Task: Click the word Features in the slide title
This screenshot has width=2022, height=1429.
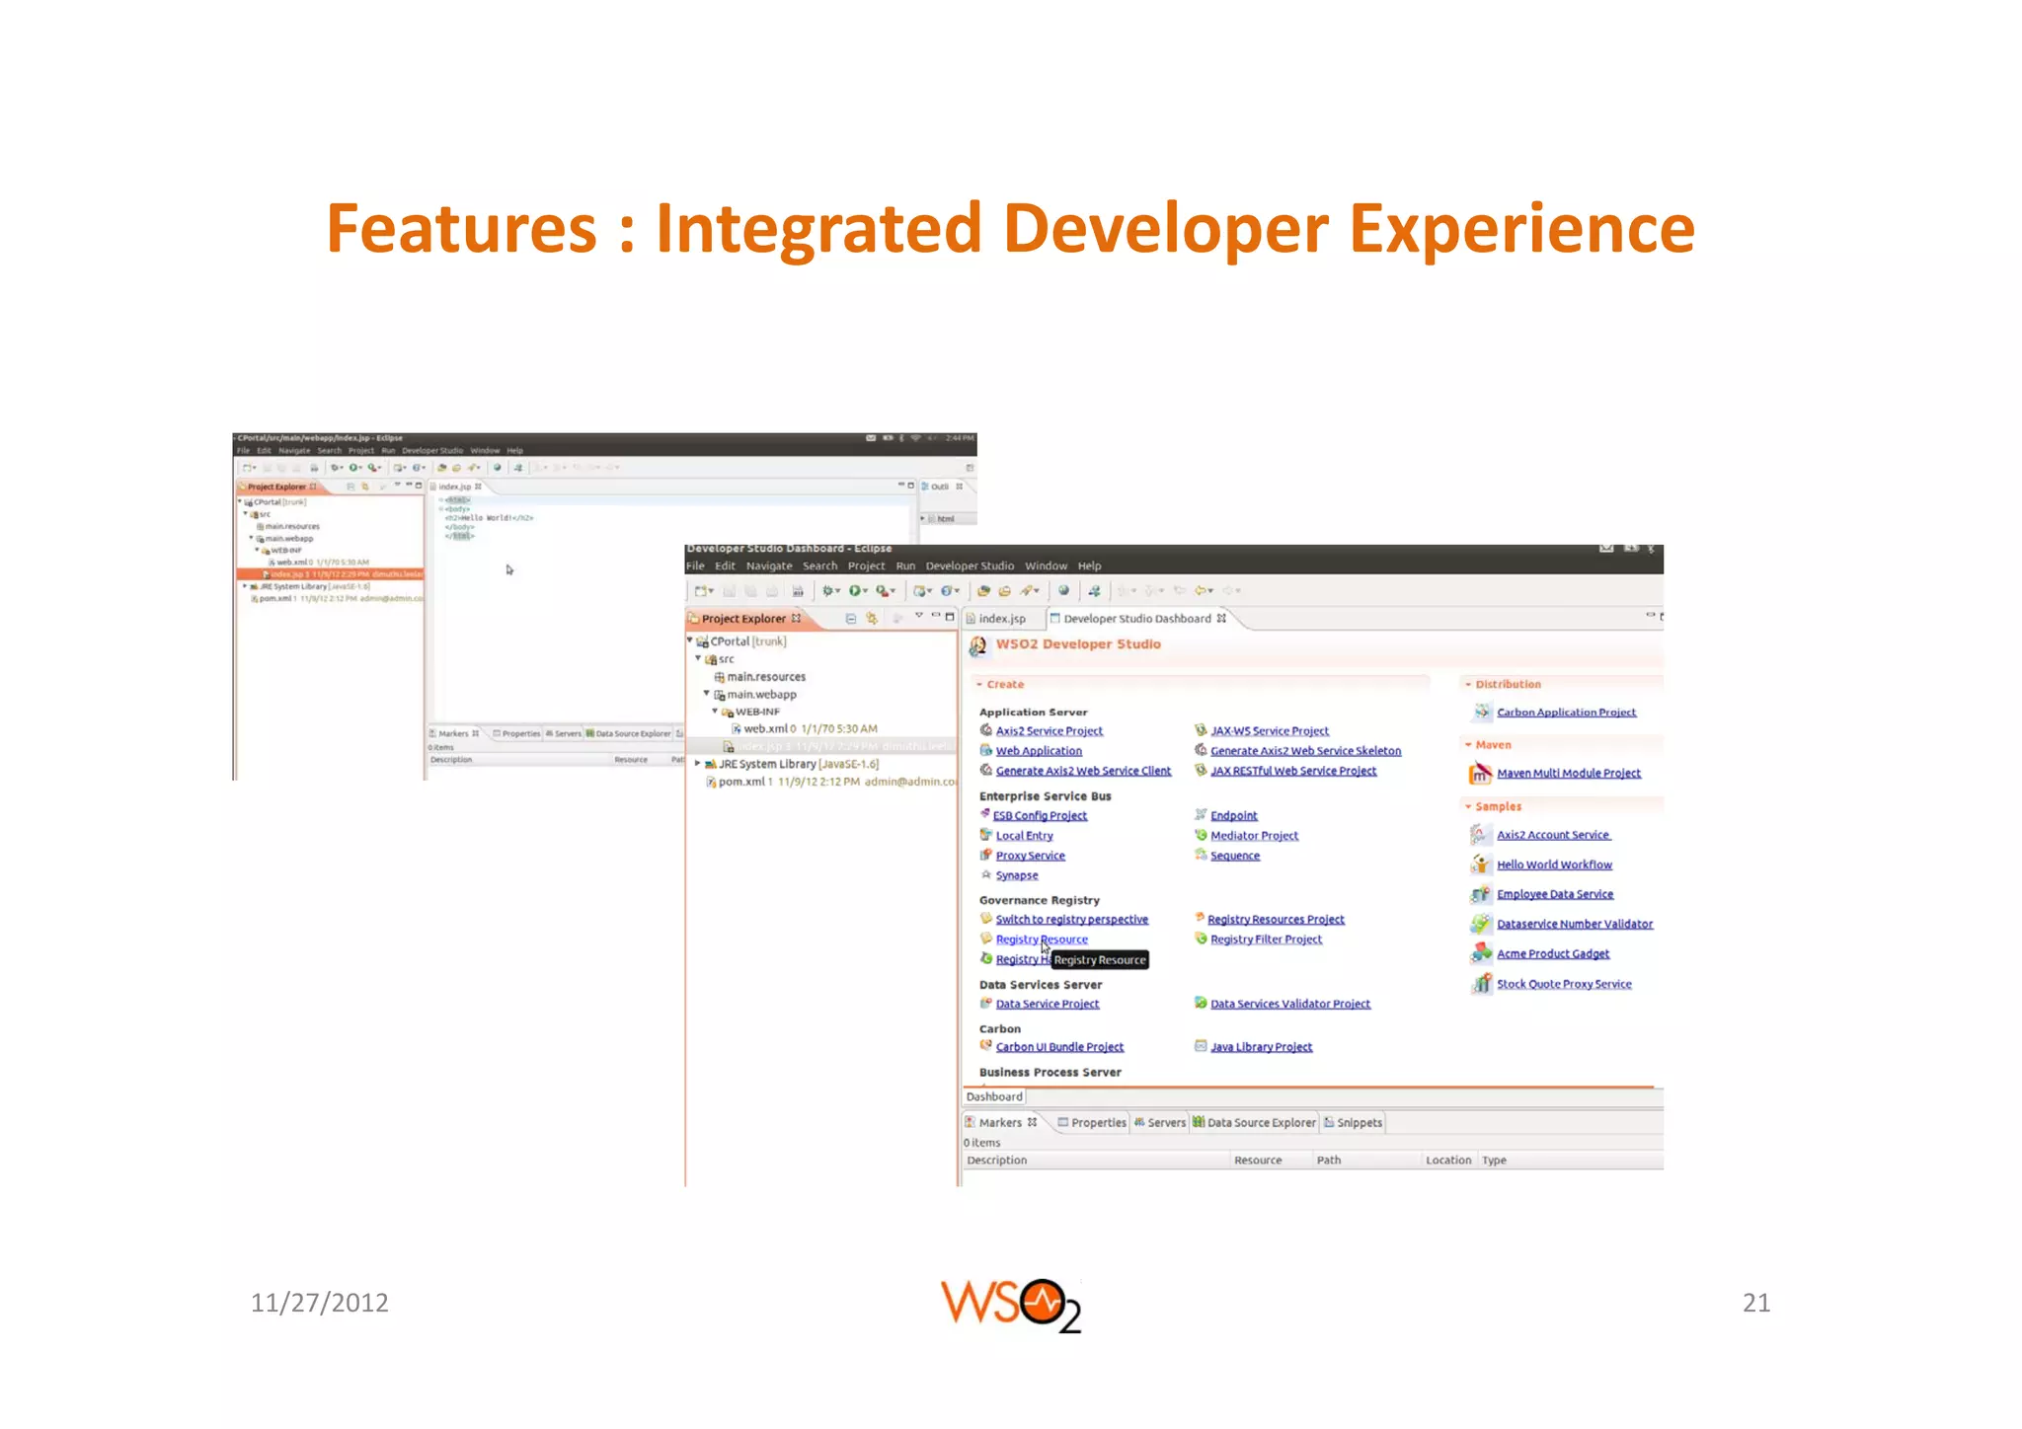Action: [x=461, y=229]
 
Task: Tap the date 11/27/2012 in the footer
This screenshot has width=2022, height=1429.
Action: [x=319, y=1303]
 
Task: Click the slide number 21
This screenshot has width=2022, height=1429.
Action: [x=1755, y=1303]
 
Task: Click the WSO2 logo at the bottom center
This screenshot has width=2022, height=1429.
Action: [x=1010, y=1305]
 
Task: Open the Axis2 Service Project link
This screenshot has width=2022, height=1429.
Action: [x=1049, y=731]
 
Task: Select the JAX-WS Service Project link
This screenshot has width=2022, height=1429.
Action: [x=1269, y=731]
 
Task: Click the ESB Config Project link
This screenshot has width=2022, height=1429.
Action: [x=1040, y=816]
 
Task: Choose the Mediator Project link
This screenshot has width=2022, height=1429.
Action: [x=1254, y=836]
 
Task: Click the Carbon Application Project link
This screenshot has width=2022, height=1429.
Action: [x=1566, y=713]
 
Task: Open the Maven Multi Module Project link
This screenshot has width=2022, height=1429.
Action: [x=1568, y=774]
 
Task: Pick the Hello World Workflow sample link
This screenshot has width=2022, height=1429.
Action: [x=1554, y=865]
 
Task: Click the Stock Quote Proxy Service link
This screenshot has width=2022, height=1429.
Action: [x=1564, y=984]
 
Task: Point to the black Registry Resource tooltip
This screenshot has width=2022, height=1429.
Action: [x=1100, y=960]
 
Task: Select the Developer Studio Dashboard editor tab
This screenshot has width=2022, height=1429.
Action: [x=1136, y=619]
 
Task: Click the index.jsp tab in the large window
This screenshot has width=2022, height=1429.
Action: [x=1001, y=619]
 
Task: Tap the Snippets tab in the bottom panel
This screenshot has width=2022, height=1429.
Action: [x=1359, y=1123]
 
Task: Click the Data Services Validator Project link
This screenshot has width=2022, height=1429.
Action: [x=1289, y=1004]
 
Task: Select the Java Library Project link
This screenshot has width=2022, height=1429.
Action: [x=1261, y=1047]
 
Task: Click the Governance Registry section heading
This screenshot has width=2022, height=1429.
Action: [x=1039, y=900]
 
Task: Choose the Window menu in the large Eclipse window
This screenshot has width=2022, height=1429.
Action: [x=1046, y=566]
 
